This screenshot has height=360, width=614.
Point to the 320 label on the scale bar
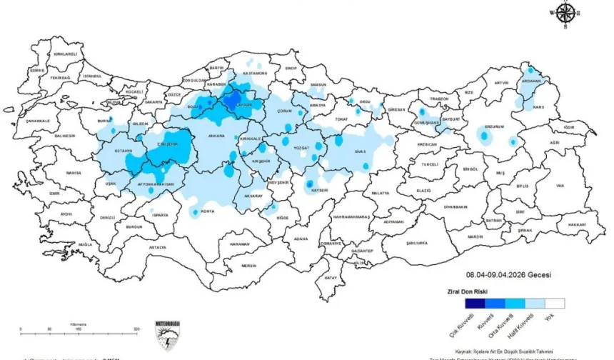pos(136,329)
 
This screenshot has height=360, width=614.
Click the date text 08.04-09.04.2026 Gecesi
pos(508,274)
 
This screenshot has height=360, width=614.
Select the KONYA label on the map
pos(208,211)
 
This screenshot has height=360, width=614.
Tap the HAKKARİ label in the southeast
pos(577,224)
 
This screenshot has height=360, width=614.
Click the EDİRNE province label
pos(37,71)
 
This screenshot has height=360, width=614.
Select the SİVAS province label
pos(360,151)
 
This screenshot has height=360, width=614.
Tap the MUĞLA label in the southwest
pos(86,244)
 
